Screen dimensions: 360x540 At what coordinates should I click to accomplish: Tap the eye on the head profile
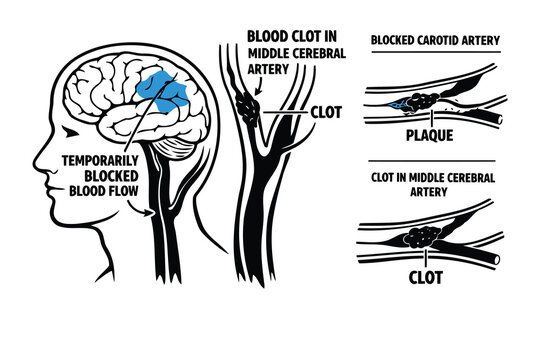pos(66,131)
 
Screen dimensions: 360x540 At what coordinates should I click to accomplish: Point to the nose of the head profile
pos(38,159)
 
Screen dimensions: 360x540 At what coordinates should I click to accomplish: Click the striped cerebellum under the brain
pos(176,147)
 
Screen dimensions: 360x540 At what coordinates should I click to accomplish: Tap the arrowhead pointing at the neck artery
pos(151,212)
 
